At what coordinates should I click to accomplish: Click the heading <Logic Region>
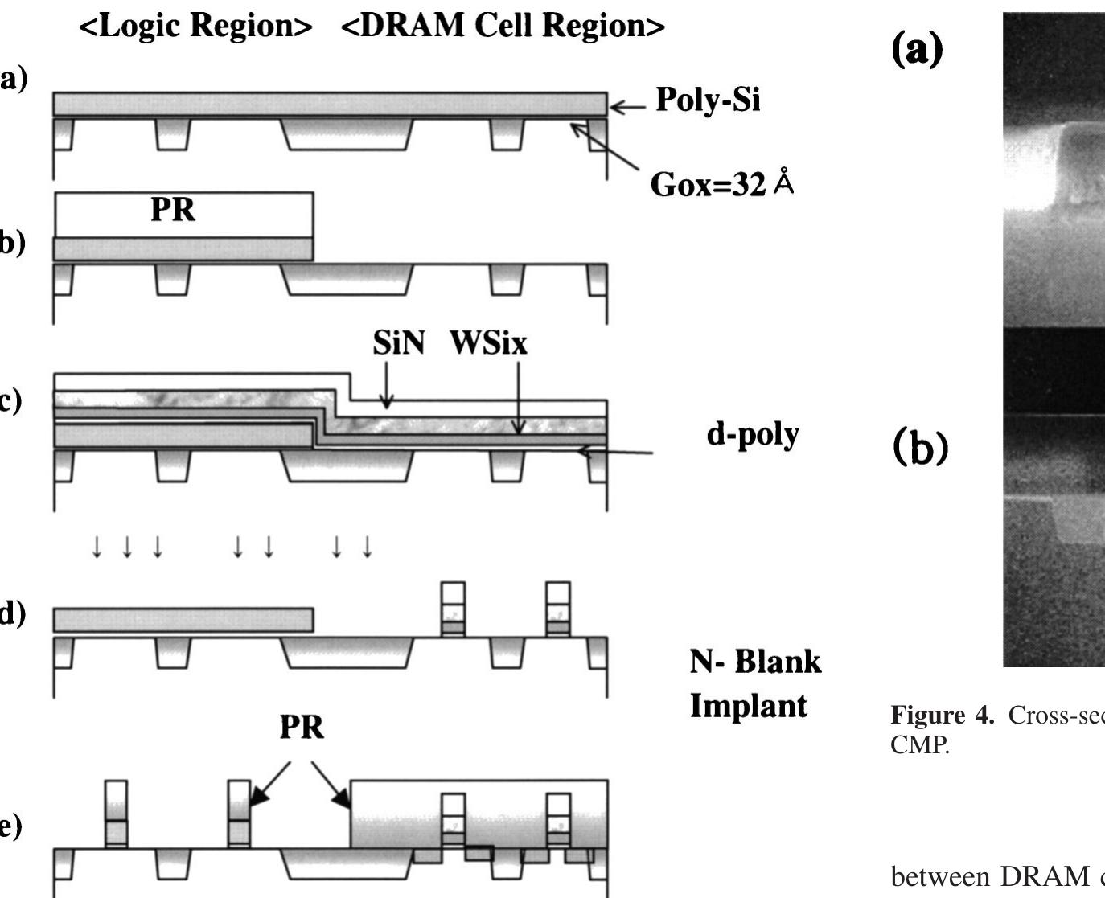[195, 26]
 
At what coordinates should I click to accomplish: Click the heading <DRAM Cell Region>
[503, 26]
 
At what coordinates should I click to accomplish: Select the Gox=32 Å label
[721, 185]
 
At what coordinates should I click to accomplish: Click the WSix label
[488, 343]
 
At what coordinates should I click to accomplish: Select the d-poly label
[753, 435]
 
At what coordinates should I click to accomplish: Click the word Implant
[749, 705]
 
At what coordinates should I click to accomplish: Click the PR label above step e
[302, 728]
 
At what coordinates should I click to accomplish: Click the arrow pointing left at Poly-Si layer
[627, 105]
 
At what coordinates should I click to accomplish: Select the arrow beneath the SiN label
[387, 384]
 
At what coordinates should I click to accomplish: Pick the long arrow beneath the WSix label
[519, 397]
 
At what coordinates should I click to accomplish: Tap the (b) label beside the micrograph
[921, 449]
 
